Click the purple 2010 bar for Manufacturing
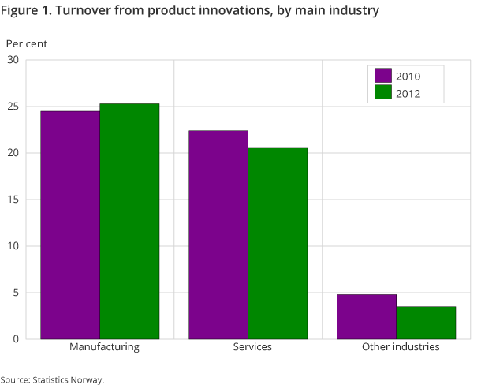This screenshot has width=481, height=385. (70, 225)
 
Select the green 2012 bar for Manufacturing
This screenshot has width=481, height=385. (129, 221)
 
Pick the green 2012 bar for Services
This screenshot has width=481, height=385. (278, 243)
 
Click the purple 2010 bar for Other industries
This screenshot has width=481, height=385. (366, 316)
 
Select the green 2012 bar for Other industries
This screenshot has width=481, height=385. (426, 323)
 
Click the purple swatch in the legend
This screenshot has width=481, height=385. (383, 76)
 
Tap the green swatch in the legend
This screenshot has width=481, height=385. (383, 93)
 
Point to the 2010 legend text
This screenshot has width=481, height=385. (408, 76)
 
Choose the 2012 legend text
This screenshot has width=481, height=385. (408, 93)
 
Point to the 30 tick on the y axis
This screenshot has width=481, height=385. (13, 60)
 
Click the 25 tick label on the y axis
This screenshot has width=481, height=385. (13, 107)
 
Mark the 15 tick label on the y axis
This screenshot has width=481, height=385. (13, 200)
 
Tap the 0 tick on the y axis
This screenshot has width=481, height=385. (17, 339)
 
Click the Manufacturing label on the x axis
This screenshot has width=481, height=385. (104, 347)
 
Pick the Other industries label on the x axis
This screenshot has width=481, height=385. (401, 347)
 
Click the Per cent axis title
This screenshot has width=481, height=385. (27, 44)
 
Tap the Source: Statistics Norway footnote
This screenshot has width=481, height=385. (52, 379)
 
